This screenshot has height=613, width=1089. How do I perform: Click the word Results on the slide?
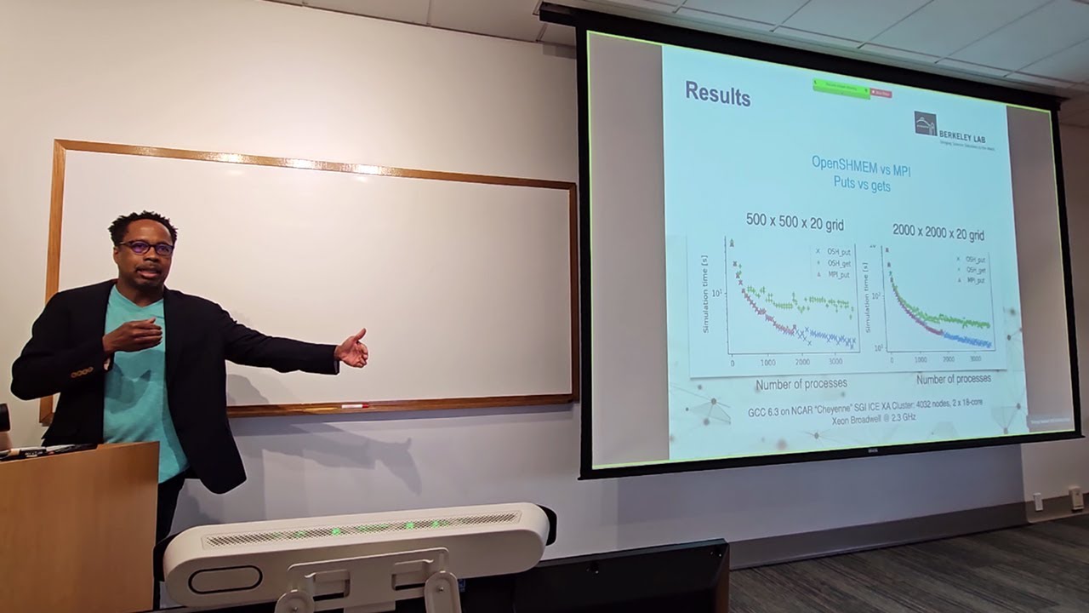[717, 94]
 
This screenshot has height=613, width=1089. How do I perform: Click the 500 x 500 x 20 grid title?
[795, 223]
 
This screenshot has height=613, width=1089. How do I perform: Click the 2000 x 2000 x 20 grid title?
[938, 234]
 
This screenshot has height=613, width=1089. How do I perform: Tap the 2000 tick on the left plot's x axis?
[802, 362]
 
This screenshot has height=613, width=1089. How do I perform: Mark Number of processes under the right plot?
[953, 378]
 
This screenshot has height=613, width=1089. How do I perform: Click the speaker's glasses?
[146, 248]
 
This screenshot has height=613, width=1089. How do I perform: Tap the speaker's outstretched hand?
[352, 348]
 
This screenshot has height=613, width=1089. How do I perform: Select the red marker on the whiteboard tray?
[354, 406]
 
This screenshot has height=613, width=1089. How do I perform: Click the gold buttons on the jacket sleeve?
[82, 371]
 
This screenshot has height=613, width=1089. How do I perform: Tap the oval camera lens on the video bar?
[225, 579]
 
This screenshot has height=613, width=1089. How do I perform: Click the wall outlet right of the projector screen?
[1076, 498]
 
